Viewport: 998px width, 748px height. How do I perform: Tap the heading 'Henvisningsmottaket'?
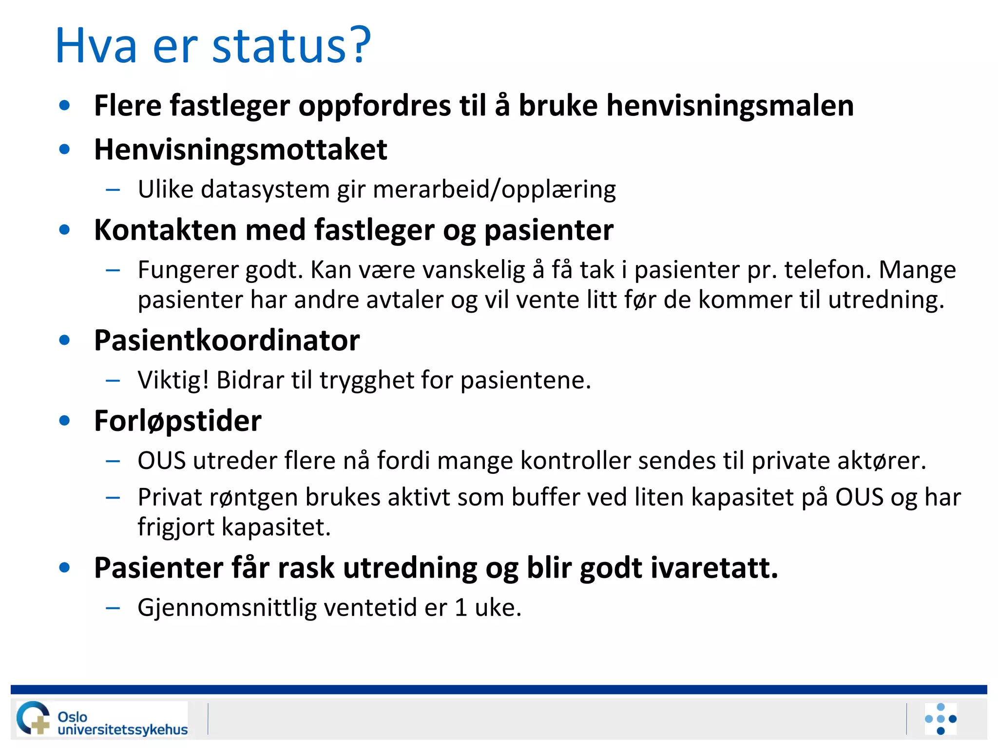(240, 150)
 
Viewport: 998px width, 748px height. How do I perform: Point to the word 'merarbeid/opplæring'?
(494, 189)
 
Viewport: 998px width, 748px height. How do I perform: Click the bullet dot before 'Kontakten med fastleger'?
(64, 229)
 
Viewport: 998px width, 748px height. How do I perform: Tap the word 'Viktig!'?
(173, 380)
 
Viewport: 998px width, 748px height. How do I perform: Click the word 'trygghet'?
(366, 380)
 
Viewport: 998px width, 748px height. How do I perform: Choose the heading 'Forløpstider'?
(178, 421)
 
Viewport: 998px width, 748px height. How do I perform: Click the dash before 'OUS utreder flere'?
(113, 461)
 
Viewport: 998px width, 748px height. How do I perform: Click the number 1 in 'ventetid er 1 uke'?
(461, 608)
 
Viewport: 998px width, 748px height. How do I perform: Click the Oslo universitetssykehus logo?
(102, 718)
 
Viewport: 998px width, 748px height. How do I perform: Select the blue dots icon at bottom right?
(940, 719)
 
